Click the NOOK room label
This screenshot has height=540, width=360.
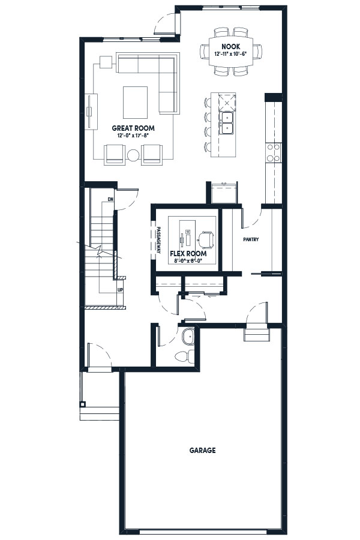(231, 46)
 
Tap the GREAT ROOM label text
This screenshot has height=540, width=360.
(133, 128)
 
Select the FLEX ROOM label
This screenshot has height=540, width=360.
(188, 254)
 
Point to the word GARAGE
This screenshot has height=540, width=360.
(203, 450)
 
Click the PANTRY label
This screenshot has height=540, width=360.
(251, 239)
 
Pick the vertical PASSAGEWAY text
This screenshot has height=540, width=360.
(159, 241)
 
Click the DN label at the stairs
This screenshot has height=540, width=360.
(110, 199)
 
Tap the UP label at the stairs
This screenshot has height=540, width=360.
(120, 290)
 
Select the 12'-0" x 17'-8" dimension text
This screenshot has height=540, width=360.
(133, 136)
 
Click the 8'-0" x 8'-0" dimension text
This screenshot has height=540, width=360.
(188, 261)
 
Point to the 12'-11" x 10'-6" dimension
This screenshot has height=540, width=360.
(231, 54)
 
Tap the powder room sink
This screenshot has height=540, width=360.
(188, 337)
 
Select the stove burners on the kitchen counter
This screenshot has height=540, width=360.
(273, 152)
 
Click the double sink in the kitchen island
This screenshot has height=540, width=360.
(227, 123)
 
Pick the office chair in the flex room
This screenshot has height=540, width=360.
(206, 239)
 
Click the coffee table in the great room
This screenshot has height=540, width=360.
(136, 102)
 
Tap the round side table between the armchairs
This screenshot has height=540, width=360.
(133, 155)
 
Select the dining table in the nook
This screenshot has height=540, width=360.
(231, 52)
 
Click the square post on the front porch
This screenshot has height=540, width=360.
(82, 404)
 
